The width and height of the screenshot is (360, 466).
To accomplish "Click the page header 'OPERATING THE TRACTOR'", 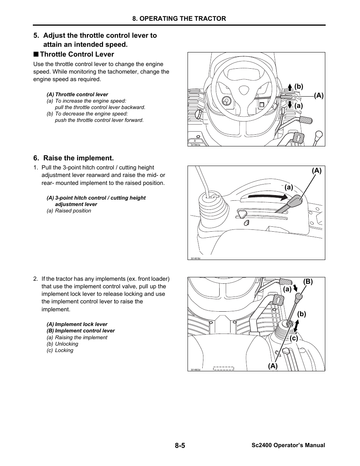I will point(179,18).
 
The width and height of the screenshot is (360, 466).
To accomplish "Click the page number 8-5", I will point(180,445).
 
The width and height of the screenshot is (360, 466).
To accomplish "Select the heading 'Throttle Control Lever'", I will point(77,54).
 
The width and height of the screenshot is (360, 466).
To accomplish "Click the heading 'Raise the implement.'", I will point(78,158).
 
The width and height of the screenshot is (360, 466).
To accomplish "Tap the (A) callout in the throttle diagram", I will point(319,96).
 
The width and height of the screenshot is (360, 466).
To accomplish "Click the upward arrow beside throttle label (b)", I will point(290,88).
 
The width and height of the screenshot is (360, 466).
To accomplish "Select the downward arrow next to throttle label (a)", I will point(290,105).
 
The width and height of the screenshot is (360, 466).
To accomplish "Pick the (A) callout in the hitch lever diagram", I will point(317,171).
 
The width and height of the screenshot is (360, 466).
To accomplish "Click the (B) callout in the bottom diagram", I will point(308,281).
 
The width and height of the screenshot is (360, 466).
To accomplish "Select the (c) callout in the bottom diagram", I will point(294,338).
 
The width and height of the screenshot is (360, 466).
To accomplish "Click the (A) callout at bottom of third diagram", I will point(272,366).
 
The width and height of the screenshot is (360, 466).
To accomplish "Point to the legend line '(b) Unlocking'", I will point(63,344).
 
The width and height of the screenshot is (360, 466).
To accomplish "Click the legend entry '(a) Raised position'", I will point(69,211).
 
